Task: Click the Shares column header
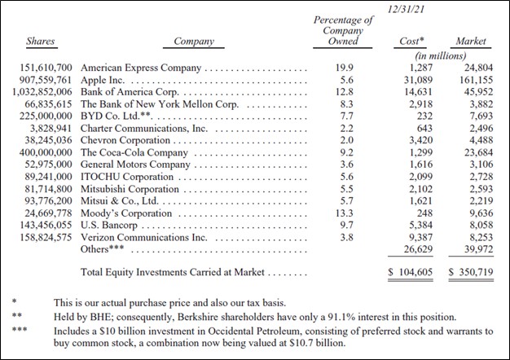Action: [40, 41]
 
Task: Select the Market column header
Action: [470, 41]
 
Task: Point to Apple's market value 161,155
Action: [471, 81]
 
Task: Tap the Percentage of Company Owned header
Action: [343, 30]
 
